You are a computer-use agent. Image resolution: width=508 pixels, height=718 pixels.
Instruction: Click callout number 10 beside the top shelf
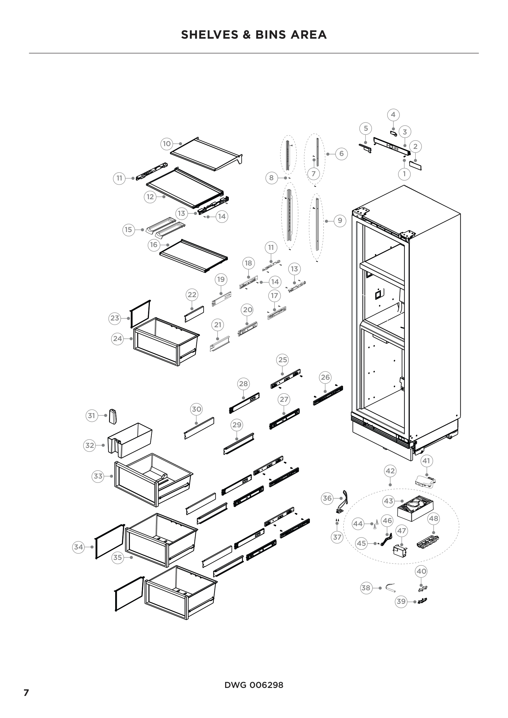pos(167,144)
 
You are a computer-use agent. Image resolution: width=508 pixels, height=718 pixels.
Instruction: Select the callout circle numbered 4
pos(393,115)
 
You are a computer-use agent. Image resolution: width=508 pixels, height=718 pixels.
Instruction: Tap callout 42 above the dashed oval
pos(390,471)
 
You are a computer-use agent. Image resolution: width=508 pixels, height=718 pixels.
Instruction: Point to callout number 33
pos(98,476)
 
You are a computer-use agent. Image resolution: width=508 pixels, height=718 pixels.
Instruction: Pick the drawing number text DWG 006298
pos(254,685)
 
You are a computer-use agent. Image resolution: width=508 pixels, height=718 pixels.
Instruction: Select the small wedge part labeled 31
pos(113,416)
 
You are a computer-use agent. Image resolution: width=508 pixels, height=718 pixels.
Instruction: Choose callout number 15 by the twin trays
pos(128,230)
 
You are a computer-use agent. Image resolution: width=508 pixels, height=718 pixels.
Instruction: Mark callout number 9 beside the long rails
pos(340,221)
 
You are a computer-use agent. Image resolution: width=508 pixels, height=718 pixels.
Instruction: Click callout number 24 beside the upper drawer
pos(117,338)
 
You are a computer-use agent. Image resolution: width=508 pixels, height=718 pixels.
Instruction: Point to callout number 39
pos(401,601)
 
